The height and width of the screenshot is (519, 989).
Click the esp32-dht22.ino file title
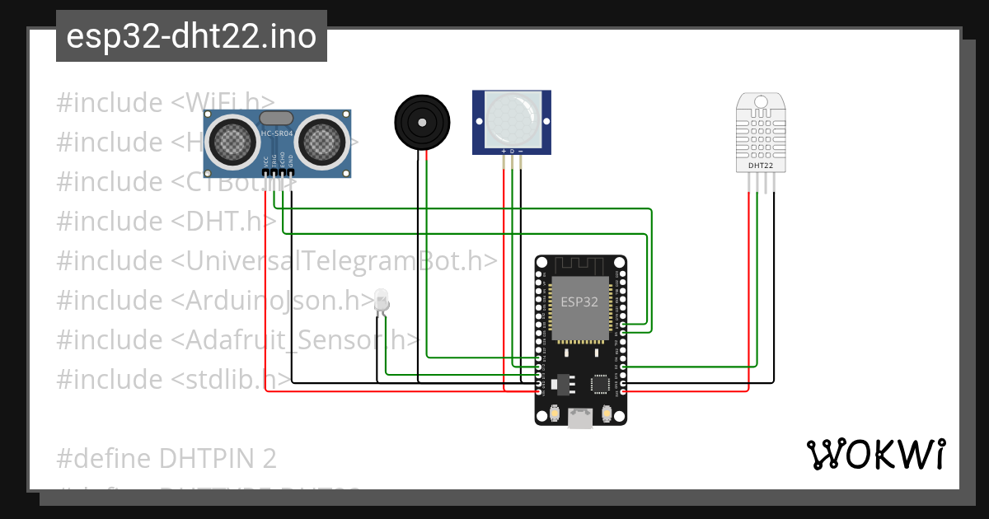191,37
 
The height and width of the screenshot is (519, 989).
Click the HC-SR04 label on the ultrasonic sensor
277,133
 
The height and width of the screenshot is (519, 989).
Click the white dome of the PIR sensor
512,118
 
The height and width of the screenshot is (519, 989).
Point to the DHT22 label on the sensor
760,165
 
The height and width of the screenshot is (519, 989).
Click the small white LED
381,299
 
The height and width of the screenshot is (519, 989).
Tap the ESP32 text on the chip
579,302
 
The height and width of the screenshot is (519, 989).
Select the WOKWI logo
875,454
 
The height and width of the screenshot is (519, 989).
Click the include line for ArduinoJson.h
215,301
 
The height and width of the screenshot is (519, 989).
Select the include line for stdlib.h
174,380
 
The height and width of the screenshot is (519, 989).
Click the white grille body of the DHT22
760,135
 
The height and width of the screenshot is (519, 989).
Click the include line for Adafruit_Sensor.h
238,340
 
